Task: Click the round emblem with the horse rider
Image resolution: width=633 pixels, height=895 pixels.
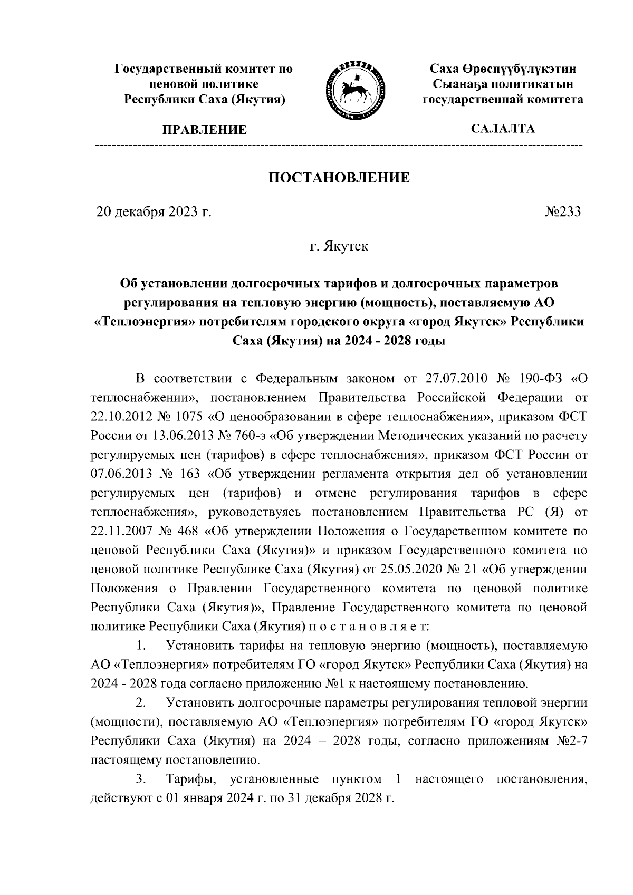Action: click(354, 86)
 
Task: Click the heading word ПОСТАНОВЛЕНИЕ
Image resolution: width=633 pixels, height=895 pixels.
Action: click(339, 178)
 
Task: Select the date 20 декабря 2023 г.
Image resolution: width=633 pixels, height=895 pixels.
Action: click(153, 212)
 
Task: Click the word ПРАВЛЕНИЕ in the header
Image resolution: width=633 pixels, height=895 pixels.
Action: click(204, 130)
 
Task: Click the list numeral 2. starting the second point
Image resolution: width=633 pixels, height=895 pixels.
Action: click(140, 702)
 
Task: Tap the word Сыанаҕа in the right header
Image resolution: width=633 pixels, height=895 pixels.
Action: click(457, 84)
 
